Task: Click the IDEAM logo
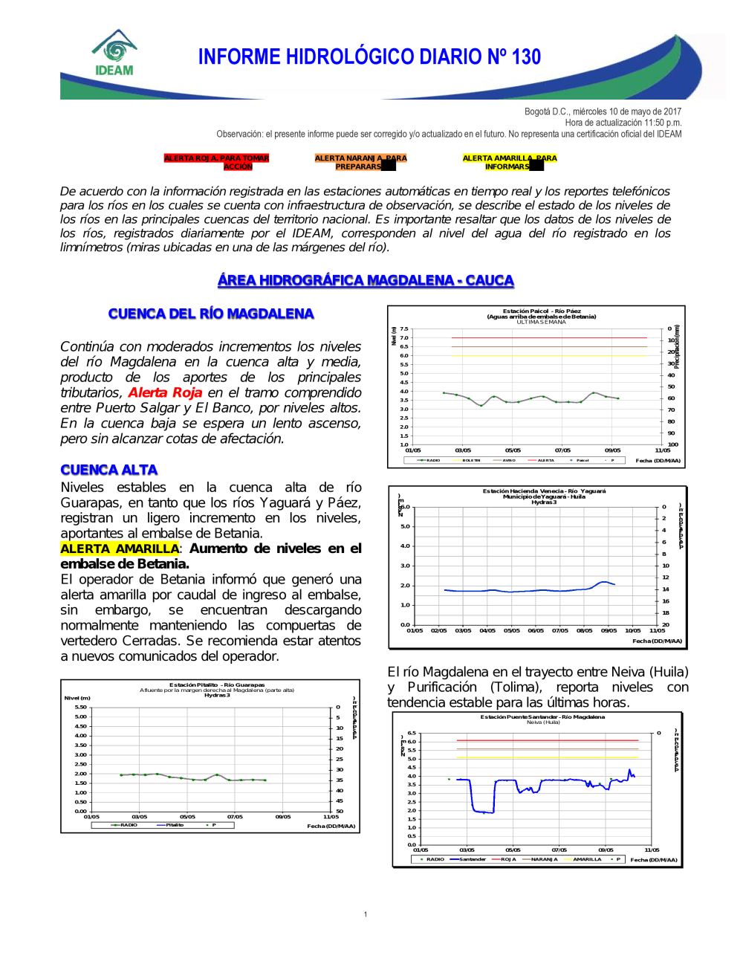(114, 54)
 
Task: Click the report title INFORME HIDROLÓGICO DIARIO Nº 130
(369, 57)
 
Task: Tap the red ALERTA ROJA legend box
(216, 162)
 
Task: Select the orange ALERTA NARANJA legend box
(360, 162)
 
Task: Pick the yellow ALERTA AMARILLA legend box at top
(509, 162)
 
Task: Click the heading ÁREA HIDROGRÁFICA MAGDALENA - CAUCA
(366, 280)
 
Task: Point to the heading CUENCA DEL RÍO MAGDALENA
(211, 314)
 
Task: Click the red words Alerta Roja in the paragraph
(165, 392)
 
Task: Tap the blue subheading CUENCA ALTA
(109, 470)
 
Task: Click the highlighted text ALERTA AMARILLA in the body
(120, 549)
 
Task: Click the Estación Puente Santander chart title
(542, 717)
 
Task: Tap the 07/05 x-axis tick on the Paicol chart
(562, 450)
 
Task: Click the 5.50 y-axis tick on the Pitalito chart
(80, 707)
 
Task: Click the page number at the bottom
(366, 914)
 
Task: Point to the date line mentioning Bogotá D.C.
(603, 111)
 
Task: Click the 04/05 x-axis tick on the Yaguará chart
(487, 630)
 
